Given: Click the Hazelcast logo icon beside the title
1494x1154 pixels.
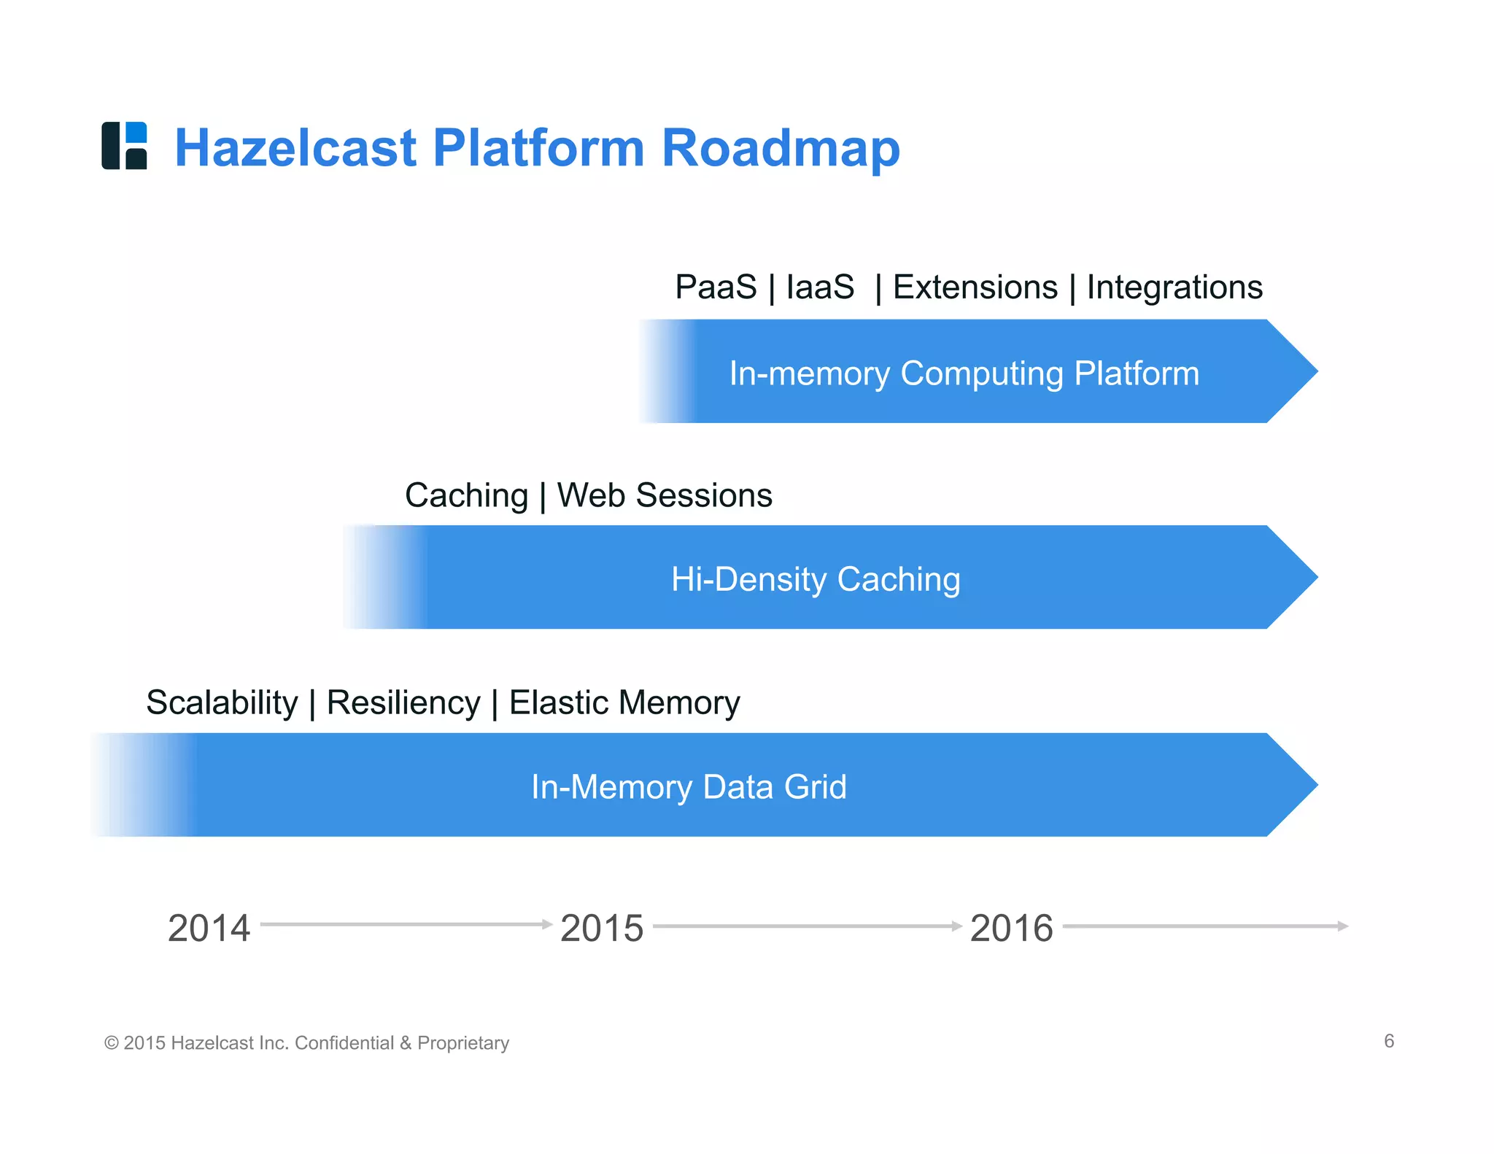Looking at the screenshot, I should (124, 146).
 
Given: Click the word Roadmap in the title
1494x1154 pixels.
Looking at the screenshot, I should (781, 148).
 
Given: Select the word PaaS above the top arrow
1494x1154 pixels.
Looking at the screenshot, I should (716, 287).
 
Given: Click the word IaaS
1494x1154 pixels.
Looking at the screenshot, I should (820, 287).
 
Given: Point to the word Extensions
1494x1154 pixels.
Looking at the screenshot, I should (975, 287).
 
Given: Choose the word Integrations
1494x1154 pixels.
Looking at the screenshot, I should (1174, 287).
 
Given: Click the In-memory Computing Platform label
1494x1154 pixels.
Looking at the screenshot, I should (964, 373).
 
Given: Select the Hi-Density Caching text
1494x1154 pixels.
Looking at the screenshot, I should (816, 579).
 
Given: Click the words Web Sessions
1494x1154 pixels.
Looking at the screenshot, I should (665, 495).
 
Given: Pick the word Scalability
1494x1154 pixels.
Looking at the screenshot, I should (222, 702).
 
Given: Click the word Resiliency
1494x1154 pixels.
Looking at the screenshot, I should (403, 702).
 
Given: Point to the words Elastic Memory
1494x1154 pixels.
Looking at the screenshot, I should (624, 702).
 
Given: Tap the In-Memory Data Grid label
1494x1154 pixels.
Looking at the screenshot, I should (689, 787).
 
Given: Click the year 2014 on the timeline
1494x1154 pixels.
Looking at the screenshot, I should (209, 929).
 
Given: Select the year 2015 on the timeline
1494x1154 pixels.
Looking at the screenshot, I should (602, 929).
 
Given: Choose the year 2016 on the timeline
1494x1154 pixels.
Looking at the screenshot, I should (1011, 929).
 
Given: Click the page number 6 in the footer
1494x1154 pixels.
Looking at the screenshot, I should (1389, 1041).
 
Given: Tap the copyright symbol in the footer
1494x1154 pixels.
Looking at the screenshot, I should (112, 1043).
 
